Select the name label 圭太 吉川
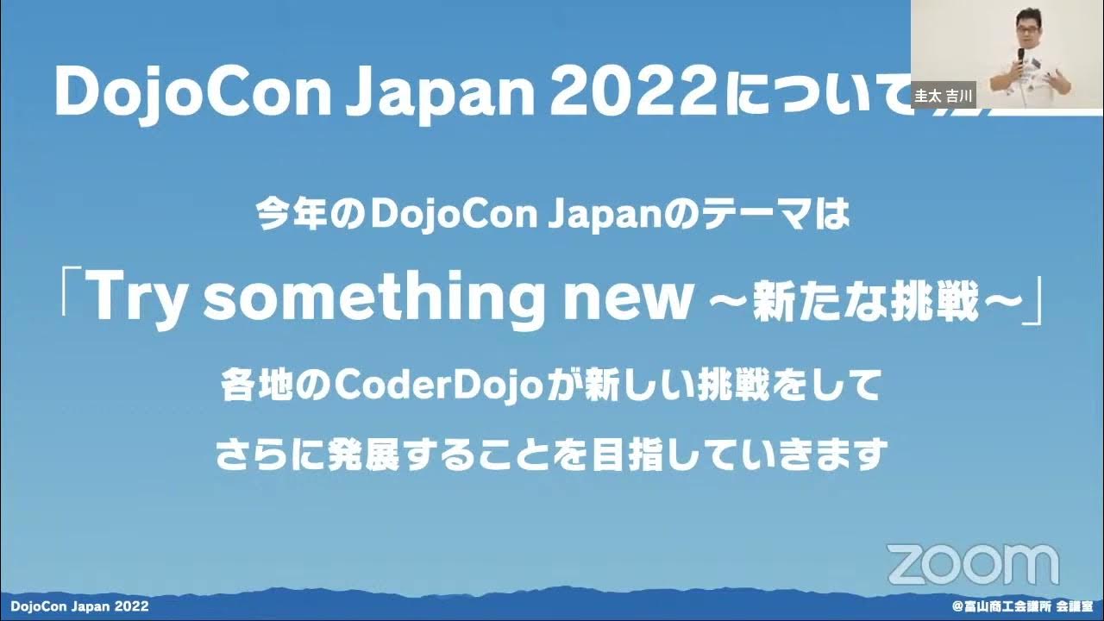pyautogui.click(x=944, y=96)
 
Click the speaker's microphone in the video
pyautogui.click(x=1021, y=57)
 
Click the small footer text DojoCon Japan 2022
pyautogui.click(x=75, y=606)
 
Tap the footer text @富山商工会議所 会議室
pyautogui.click(x=1023, y=606)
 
